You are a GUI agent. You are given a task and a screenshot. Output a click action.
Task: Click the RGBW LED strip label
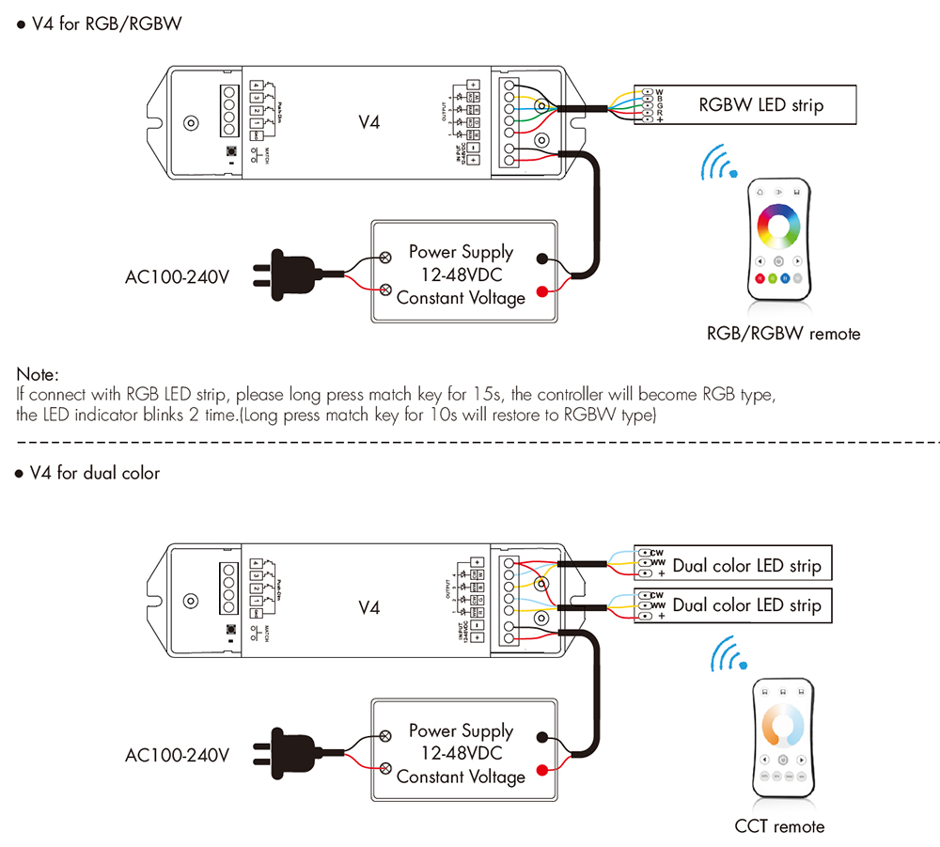coord(760,104)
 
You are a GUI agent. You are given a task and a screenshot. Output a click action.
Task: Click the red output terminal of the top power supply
coord(542,292)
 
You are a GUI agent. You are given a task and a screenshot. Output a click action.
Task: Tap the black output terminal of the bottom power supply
coord(542,737)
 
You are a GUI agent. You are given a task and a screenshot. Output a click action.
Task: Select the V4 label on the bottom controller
coord(369,607)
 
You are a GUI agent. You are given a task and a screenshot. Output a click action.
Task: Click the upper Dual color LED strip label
coord(746,566)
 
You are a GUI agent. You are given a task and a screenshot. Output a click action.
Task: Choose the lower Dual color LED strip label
coord(746,605)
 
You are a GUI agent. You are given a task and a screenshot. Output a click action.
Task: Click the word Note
coord(38,374)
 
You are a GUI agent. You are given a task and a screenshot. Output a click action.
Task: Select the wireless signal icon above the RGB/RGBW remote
coord(719,164)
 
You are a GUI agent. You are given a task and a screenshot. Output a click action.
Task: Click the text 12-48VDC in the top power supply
coord(461,274)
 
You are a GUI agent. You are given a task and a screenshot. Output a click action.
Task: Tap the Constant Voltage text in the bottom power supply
coord(461,776)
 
